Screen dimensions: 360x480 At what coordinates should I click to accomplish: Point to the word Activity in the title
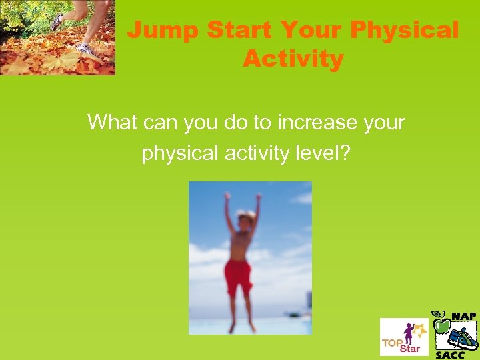click(293, 59)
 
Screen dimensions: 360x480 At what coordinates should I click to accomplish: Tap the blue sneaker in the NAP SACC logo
click(463, 337)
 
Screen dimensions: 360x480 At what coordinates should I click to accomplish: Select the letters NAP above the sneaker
click(463, 316)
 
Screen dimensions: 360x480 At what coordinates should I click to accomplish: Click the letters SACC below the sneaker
click(449, 355)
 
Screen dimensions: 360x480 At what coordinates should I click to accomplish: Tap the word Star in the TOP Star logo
click(410, 349)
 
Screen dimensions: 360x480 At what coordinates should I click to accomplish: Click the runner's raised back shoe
click(59, 21)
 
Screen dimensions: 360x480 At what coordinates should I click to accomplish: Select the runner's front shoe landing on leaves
click(86, 49)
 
